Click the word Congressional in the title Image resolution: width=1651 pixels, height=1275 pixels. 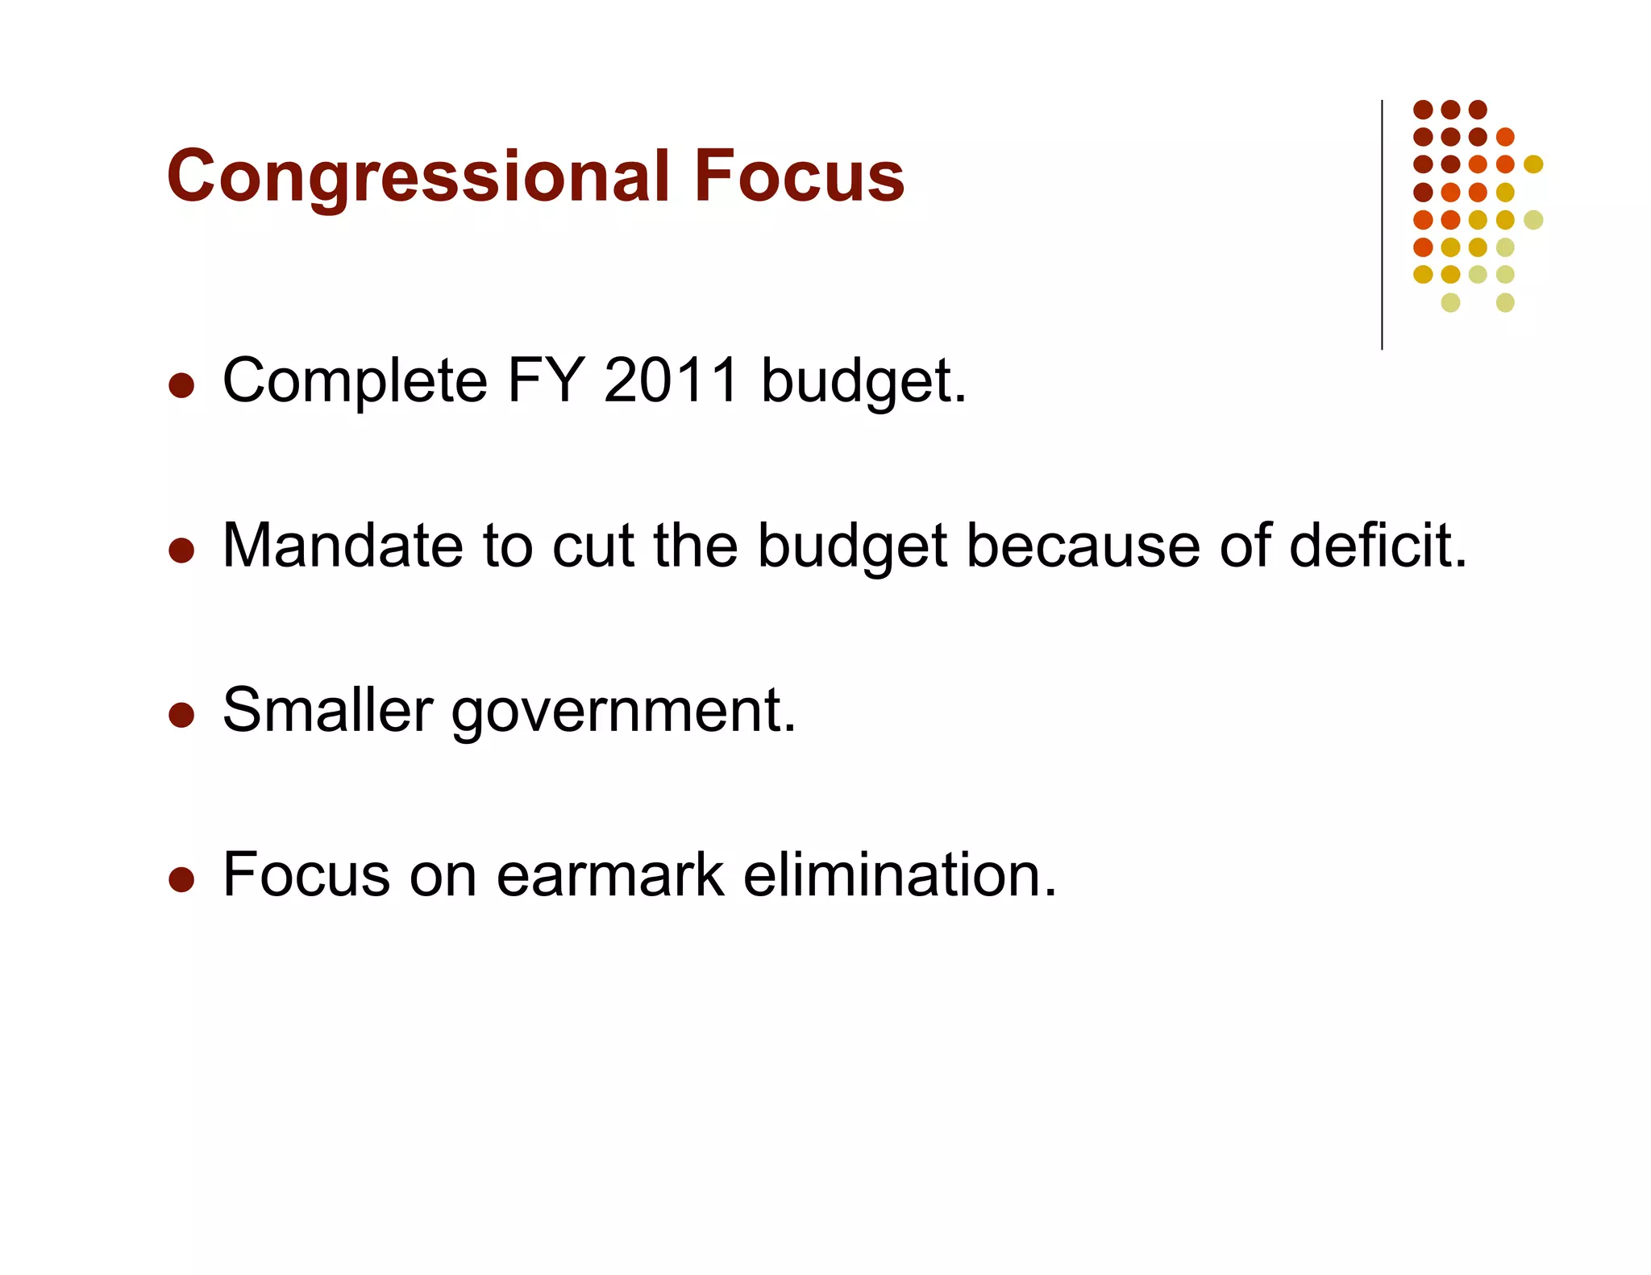point(418,177)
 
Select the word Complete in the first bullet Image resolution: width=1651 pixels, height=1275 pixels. point(355,382)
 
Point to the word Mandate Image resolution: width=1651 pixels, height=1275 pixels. point(342,546)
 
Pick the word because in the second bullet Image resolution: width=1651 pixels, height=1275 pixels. point(1083,546)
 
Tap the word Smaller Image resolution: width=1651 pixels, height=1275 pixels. point(327,711)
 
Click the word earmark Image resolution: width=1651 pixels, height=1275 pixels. point(609,875)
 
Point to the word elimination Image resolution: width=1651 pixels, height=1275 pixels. point(898,875)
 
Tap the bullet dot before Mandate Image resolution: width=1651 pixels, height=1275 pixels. point(181,550)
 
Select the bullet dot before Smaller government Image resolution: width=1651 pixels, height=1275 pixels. point(181,715)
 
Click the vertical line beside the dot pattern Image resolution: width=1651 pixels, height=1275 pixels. point(1382,226)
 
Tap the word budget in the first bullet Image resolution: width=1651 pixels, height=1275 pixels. point(863,382)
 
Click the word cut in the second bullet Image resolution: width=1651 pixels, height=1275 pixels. point(593,546)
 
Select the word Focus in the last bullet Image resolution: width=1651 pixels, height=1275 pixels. point(305,875)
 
